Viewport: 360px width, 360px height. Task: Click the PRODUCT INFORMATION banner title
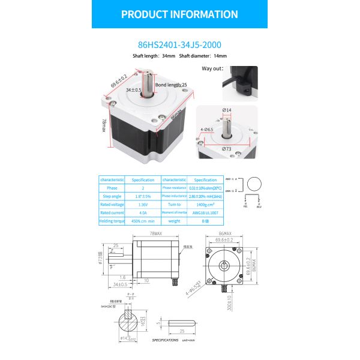click(179, 14)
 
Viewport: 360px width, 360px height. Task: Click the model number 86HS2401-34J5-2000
click(179, 43)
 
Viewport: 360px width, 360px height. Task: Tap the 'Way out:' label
click(212, 69)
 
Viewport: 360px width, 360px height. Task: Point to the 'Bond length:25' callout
click(172, 85)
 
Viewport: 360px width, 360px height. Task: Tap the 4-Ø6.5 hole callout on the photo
click(208, 129)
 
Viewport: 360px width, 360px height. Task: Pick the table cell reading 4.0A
click(143, 212)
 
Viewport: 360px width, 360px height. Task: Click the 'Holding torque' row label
click(112, 221)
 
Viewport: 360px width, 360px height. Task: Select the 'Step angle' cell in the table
click(112, 196)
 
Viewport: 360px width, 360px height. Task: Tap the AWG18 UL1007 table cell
click(205, 212)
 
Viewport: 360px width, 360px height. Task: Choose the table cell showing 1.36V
click(143, 204)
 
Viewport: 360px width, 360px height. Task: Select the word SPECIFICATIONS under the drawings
click(165, 340)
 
